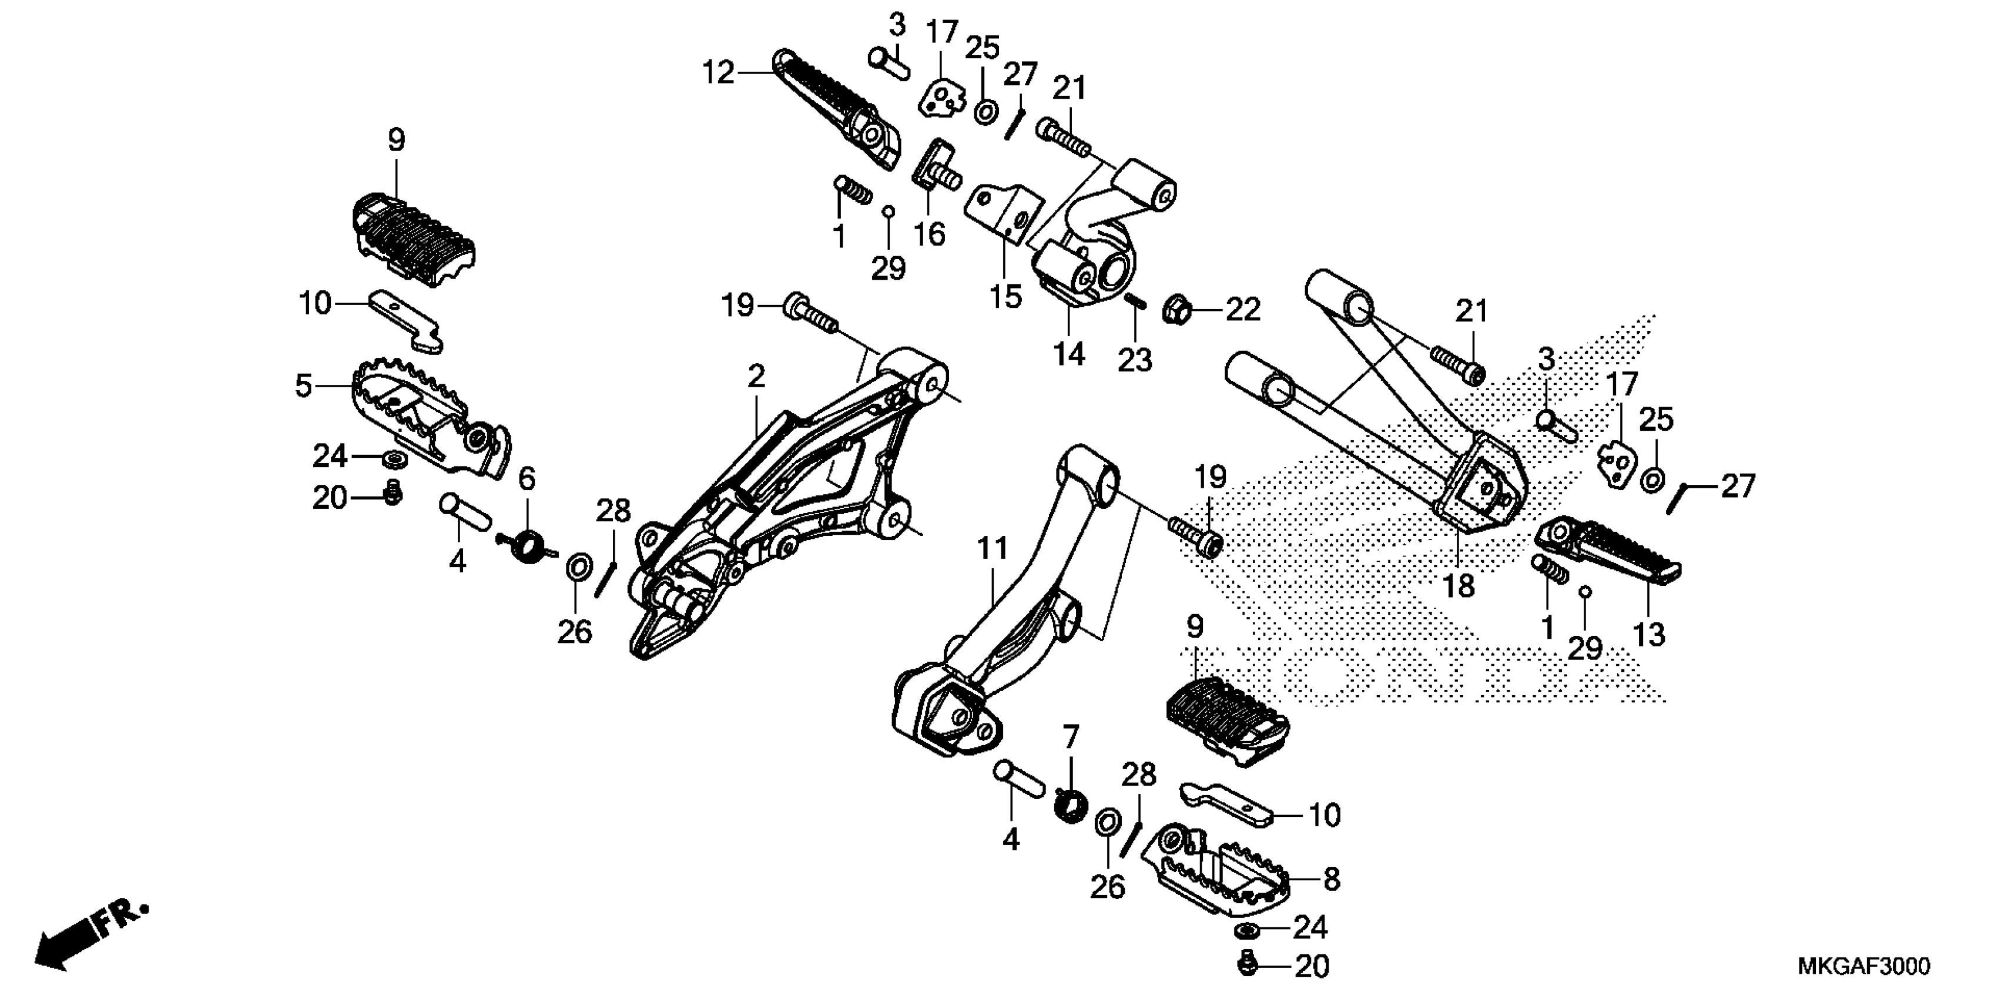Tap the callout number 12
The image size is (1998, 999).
718,73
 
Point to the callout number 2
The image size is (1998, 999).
756,377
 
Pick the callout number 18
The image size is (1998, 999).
1458,586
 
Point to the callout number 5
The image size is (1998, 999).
303,385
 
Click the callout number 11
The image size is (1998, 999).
992,548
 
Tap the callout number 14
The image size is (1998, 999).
1069,354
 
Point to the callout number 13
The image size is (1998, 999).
1649,635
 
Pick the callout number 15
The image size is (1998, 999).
1006,296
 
